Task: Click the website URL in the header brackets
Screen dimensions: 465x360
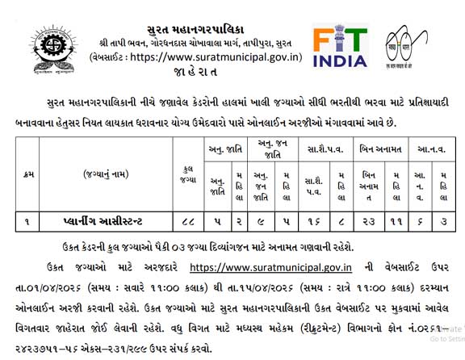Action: [216, 57]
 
